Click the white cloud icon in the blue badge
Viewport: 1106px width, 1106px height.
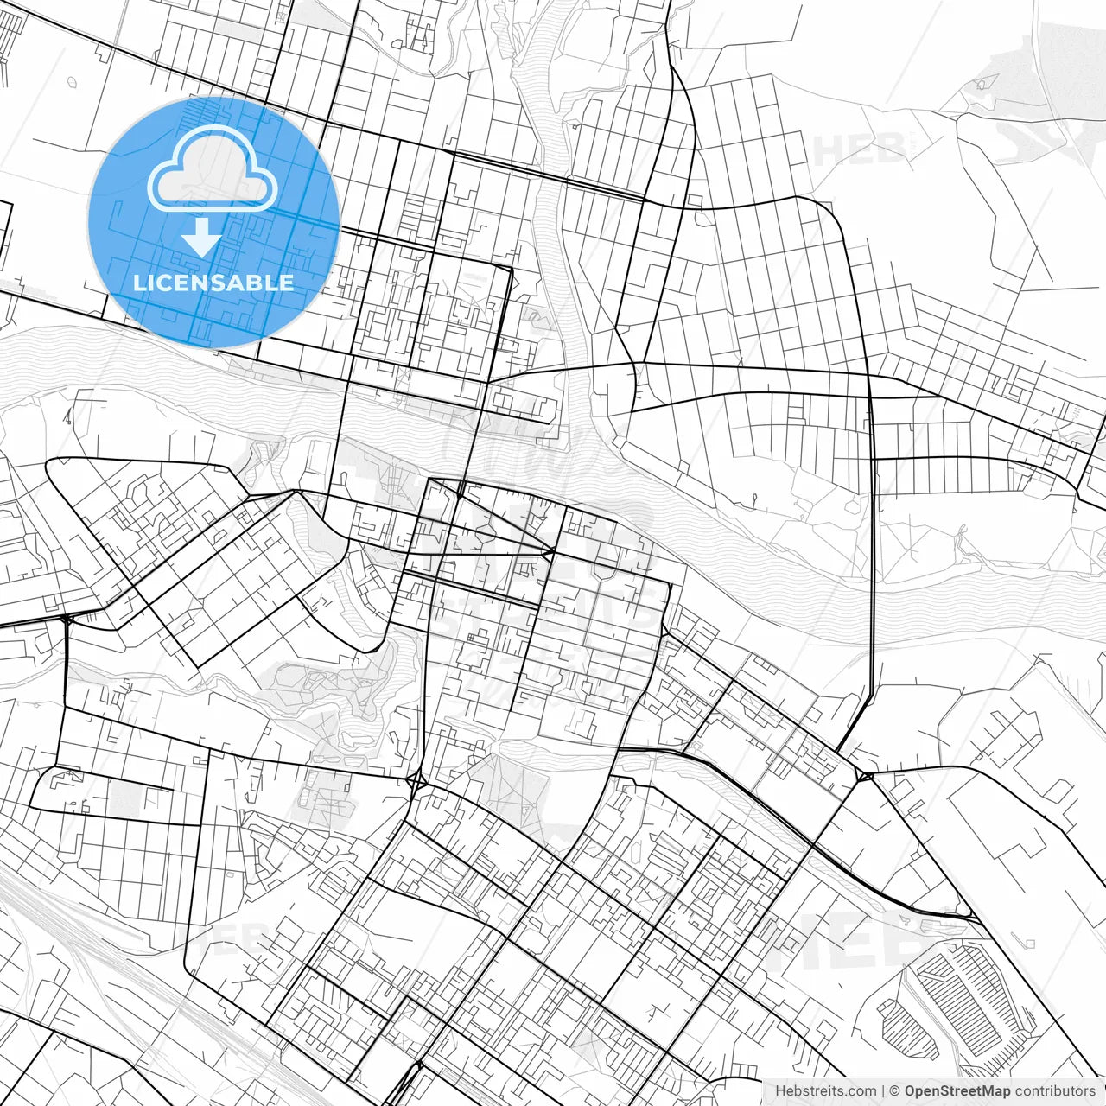[x=213, y=168]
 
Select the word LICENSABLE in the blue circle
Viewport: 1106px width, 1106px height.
[x=213, y=283]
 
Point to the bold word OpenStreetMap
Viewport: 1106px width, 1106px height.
[x=957, y=1091]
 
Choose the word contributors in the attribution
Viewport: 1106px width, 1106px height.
[x=1054, y=1091]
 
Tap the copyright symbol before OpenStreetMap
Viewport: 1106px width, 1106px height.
[x=895, y=1091]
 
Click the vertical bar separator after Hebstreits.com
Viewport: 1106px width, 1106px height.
[x=882, y=1091]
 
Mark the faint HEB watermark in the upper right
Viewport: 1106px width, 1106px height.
[x=855, y=149]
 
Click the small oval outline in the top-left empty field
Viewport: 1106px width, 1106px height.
[x=73, y=84]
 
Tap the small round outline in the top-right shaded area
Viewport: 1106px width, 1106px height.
[x=982, y=84]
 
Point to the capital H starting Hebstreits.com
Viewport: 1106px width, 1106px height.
[x=780, y=1091]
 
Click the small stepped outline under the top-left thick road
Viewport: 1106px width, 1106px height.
[x=104, y=54]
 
